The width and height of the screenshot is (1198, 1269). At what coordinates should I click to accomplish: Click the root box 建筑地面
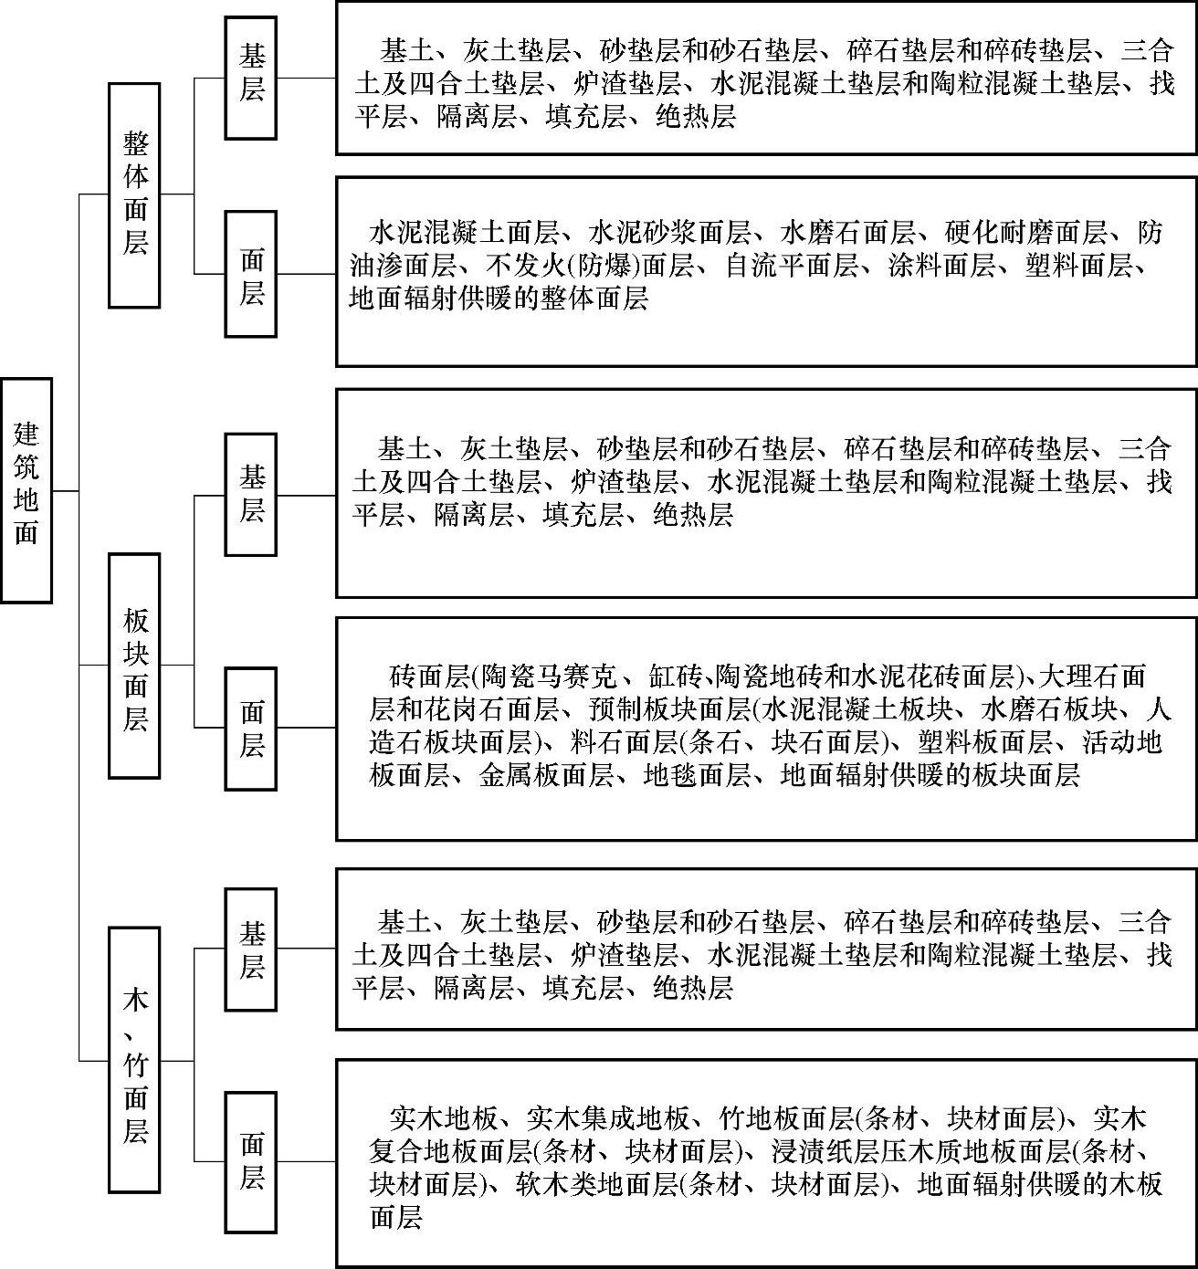(x=26, y=490)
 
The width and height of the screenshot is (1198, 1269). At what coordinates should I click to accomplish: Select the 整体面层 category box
(x=134, y=194)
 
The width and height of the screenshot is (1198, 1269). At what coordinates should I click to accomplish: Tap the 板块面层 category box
(x=134, y=666)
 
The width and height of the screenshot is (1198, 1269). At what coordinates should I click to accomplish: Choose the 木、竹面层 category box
(x=134, y=1060)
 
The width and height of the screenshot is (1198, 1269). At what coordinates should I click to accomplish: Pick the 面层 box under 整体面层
(x=251, y=274)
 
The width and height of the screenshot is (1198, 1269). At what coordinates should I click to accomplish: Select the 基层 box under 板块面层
(x=251, y=495)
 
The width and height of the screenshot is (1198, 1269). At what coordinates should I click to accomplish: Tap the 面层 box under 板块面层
(x=251, y=728)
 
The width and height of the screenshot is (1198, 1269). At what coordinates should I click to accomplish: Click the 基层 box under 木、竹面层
(x=251, y=949)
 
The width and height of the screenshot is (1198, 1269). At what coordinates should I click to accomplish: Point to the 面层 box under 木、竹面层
(x=251, y=1161)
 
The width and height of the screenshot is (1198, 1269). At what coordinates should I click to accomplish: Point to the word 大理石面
(x=1092, y=676)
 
